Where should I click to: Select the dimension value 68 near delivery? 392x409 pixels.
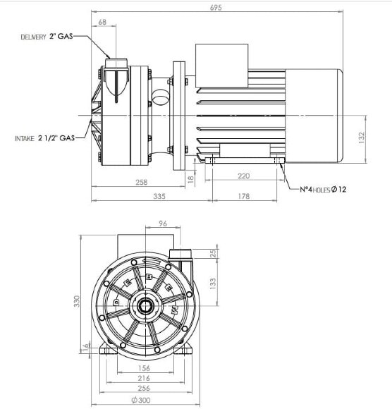pyautogui.click(x=103, y=23)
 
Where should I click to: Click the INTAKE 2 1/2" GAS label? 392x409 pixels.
pyautogui.click(x=44, y=139)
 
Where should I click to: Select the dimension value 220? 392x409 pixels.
pyautogui.click(x=245, y=176)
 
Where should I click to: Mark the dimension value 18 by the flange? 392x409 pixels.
pyautogui.click(x=190, y=180)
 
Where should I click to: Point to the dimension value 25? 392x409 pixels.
pyautogui.click(x=213, y=254)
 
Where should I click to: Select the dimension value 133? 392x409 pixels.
pyautogui.click(x=213, y=282)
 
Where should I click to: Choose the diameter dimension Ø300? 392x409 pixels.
pyautogui.click(x=145, y=401)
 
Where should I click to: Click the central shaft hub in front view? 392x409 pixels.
pyautogui.click(x=147, y=305)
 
